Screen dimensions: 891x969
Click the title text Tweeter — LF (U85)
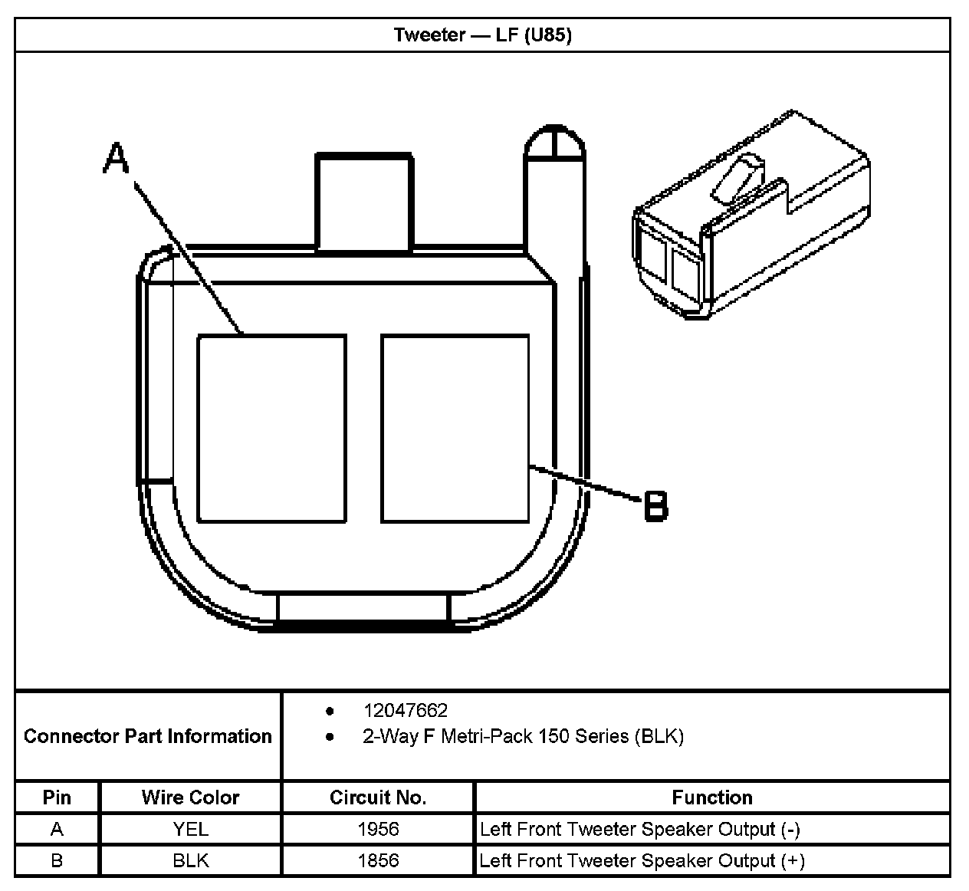[482, 35]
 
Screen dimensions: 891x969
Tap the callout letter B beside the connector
[655, 506]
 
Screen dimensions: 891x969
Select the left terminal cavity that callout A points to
[271, 428]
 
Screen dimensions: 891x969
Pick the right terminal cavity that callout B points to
[455, 428]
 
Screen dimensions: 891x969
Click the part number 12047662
[405, 711]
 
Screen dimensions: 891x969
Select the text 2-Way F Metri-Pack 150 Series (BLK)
[523, 737]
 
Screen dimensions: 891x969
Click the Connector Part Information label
[148, 736]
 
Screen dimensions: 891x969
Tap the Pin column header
[57, 797]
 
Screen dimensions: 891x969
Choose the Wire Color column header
[190, 797]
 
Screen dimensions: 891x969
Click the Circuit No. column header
[378, 797]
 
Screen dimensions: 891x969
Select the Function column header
[711, 797]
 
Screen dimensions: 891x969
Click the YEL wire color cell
[190, 829]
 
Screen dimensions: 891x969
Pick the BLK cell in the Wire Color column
[190, 860]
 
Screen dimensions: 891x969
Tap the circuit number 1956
[378, 829]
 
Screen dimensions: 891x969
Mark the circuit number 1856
[378, 860]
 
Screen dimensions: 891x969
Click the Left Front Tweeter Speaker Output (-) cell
[640, 829]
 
